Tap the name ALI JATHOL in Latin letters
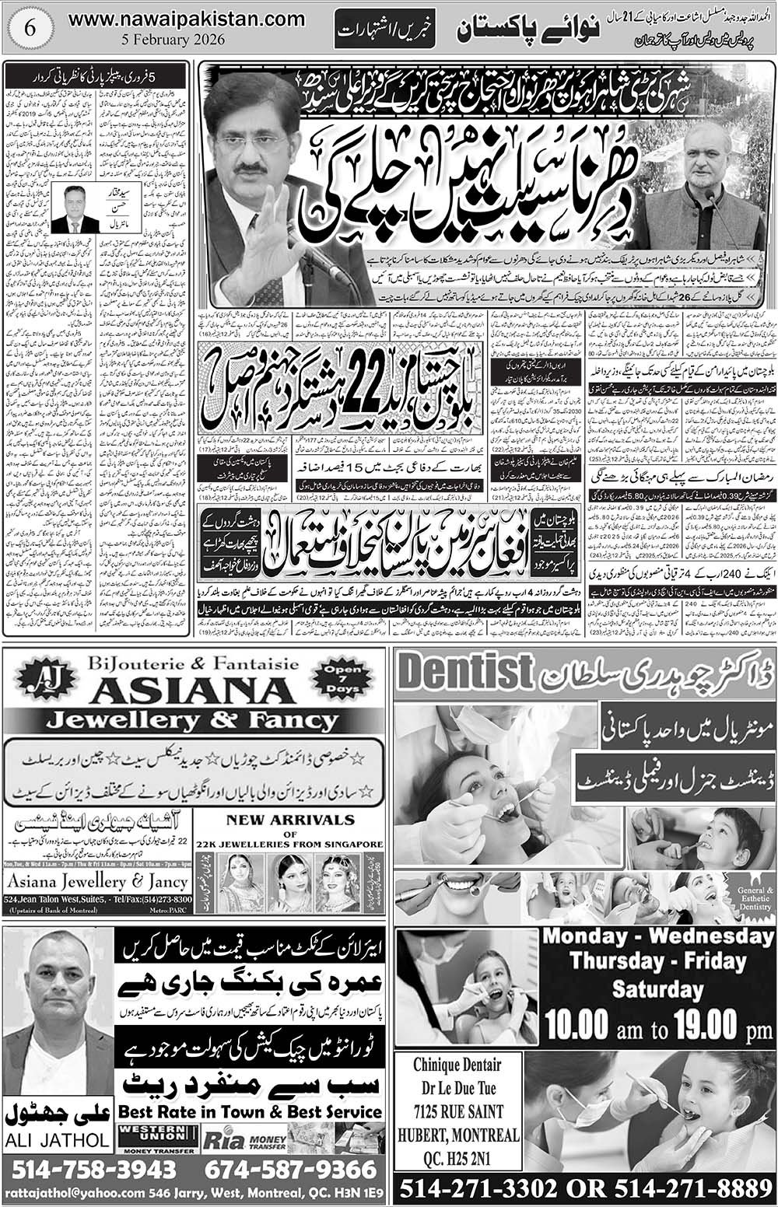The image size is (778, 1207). pyautogui.click(x=57, y=1140)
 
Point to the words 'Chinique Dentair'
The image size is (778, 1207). pyautogui.click(x=457, y=1065)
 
